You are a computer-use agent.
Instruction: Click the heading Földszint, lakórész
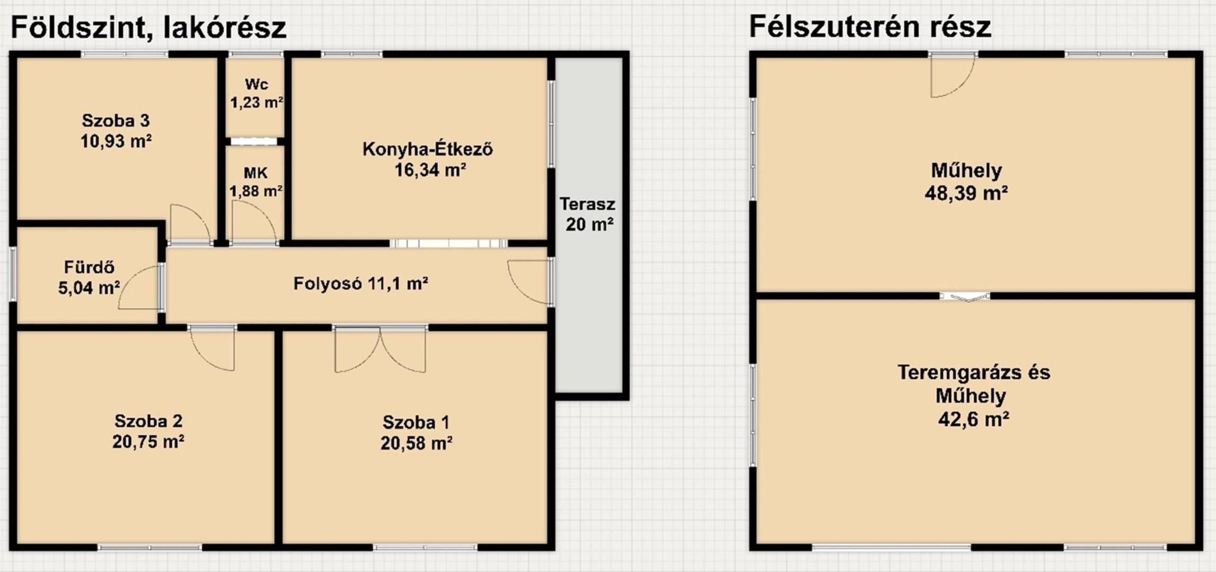(148, 28)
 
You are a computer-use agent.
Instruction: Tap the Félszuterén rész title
(870, 26)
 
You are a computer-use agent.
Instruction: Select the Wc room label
(257, 84)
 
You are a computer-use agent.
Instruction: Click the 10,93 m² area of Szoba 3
(116, 141)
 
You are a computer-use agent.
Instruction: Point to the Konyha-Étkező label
(427, 149)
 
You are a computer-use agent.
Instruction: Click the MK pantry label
(255, 173)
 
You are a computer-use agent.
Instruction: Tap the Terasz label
(587, 204)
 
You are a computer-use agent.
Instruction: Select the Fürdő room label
(89, 267)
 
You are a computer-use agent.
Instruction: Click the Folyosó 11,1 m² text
(360, 284)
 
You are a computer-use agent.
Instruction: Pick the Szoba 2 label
(148, 421)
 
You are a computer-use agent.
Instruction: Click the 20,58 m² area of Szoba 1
(416, 443)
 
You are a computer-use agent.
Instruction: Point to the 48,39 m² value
(966, 193)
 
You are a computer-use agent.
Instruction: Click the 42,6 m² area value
(973, 419)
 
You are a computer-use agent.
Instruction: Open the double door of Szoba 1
(380, 350)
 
